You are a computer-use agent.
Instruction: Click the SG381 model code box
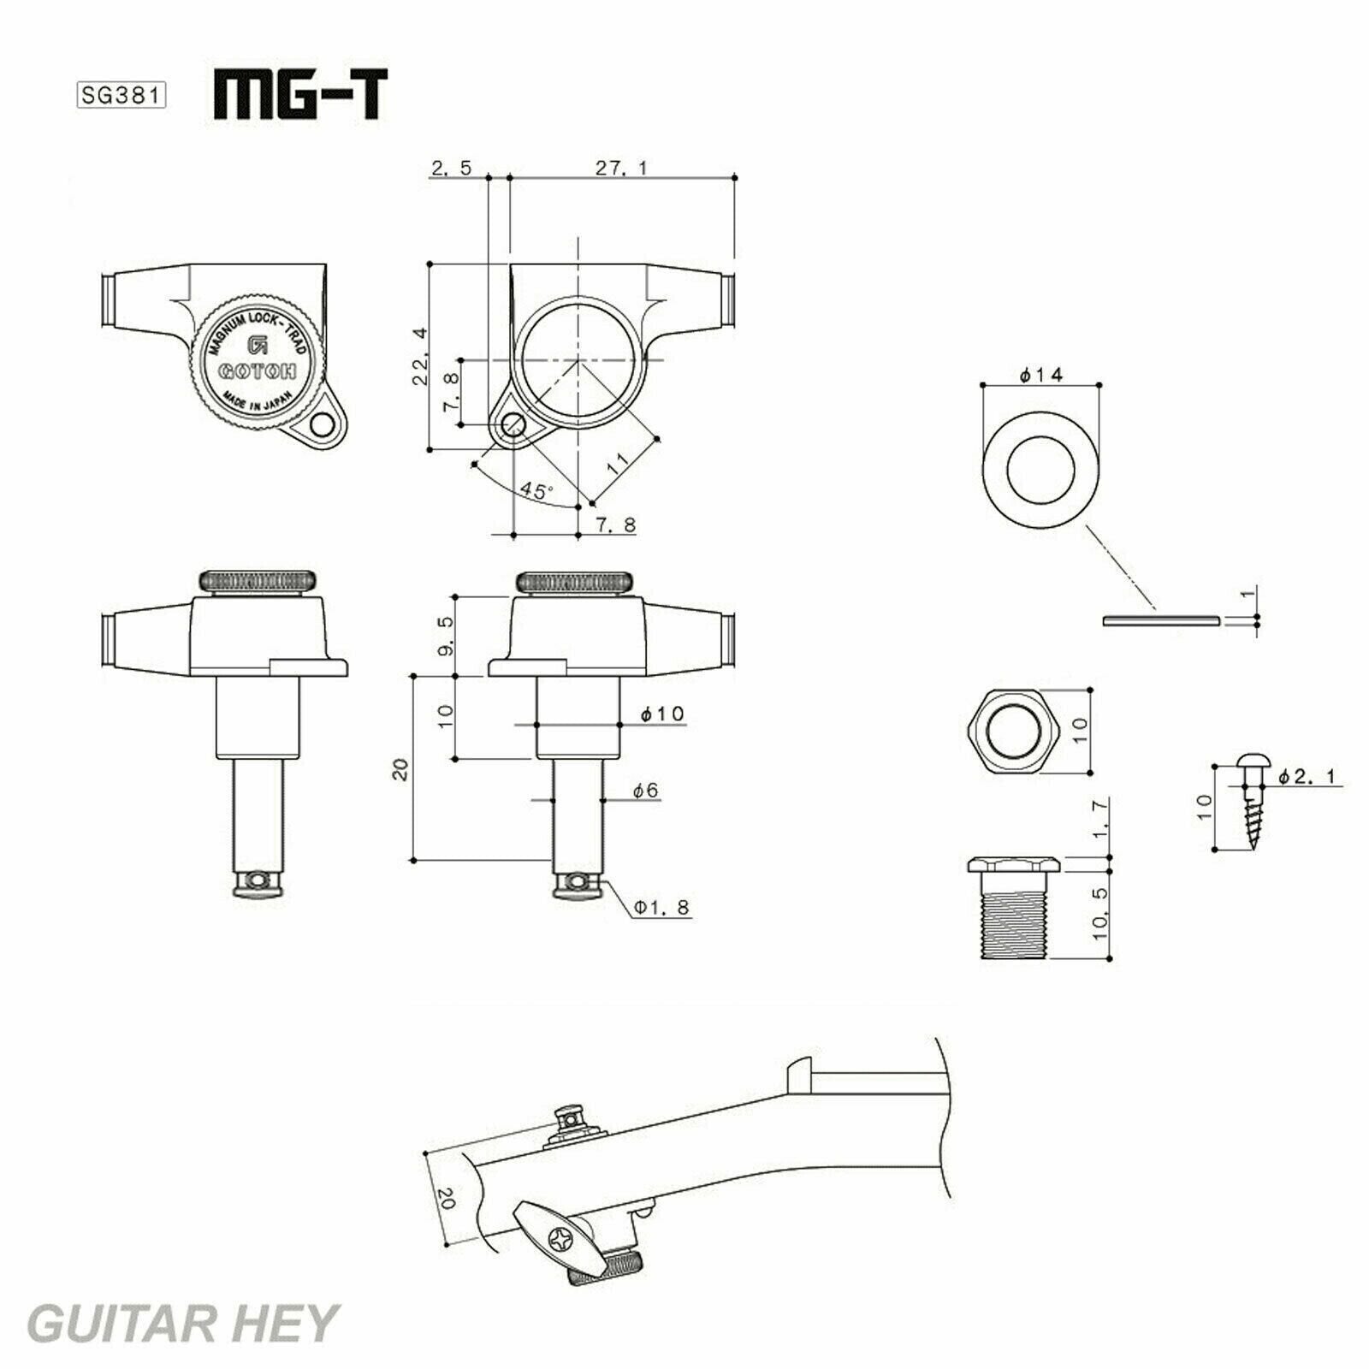[x=121, y=94]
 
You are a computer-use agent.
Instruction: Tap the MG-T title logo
[x=299, y=94]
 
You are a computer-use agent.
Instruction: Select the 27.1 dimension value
[x=622, y=168]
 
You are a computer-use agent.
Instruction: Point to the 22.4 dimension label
[x=420, y=356]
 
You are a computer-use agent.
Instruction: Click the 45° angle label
[x=537, y=491]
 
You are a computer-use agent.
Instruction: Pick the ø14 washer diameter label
[x=1041, y=375]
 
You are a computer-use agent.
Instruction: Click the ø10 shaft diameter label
[x=663, y=714]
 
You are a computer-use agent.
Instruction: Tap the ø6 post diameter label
[x=646, y=791]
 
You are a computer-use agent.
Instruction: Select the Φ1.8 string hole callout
[x=661, y=907]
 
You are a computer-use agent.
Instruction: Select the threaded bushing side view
[x=1015, y=910]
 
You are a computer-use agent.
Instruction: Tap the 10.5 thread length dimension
[x=1100, y=914]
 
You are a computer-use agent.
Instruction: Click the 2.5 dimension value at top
[x=451, y=168]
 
